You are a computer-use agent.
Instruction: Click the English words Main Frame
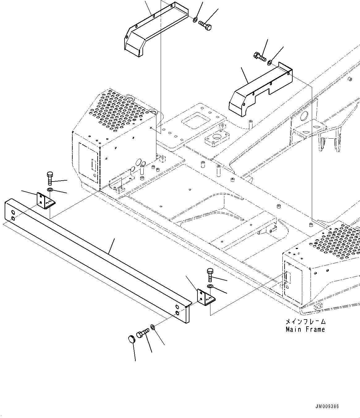pyautogui.click(x=305, y=329)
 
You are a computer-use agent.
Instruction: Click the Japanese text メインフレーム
pyautogui.click(x=305, y=321)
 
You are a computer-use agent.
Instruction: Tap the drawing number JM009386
pyautogui.click(x=327, y=406)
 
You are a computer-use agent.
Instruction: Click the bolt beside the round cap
pyautogui.click(x=142, y=333)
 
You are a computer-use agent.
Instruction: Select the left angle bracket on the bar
pyautogui.click(x=44, y=201)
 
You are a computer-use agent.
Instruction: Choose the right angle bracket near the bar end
pyautogui.click(x=205, y=298)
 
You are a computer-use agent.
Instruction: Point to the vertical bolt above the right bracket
pyautogui.click(x=210, y=274)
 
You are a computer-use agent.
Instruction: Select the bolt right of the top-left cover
pyautogui.click(x=205, y=25)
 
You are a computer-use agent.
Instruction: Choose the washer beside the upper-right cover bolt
pyautogui.click(x=270, y=63)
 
